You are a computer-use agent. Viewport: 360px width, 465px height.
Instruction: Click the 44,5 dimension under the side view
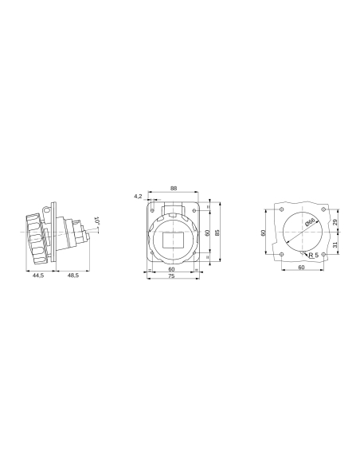[37, 275]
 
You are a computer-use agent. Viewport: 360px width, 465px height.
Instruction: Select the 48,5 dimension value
[72, 275]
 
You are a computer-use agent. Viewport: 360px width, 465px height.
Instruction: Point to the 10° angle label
[96, 222]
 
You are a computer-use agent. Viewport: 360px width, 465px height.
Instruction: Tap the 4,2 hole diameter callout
[138, 195]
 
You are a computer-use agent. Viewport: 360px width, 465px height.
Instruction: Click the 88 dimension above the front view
[174, 189]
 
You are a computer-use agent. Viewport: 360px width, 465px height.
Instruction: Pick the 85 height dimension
[217, 232]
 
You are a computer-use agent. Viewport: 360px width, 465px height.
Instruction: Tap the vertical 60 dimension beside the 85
[207, 232]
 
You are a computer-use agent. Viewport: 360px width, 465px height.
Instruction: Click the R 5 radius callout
[313, 256]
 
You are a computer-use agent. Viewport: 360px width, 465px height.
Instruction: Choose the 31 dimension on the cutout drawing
[335, 244]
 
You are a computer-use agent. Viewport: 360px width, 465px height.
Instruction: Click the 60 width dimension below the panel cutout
[301, 268]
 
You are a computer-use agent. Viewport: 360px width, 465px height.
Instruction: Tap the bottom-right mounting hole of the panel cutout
[321, 254]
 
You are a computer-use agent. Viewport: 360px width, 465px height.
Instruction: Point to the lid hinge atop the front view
[174, 212]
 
